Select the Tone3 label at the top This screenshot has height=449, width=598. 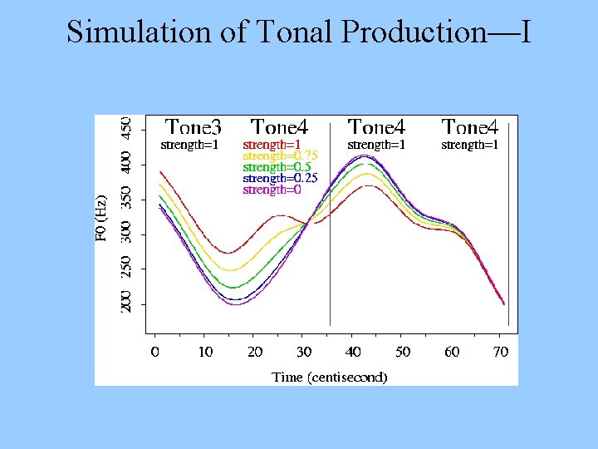(x=193, y=127)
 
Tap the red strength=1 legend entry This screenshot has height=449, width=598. (x=271, y=145)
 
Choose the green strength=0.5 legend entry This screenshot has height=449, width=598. (x=276, y=167)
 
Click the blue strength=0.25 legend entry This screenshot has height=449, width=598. (x=280, y=179)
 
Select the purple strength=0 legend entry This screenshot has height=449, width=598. (x=271, y=190)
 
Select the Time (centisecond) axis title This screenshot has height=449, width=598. (x=330, y=377)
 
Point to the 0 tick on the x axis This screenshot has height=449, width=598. (x=155, y=352)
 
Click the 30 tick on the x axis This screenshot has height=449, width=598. (x=304, y=352)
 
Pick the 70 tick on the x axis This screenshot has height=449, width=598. (x=501, y=352)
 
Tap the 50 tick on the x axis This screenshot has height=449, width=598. (x=403, y=352)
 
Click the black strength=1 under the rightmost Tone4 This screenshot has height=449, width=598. (x=469, y=145)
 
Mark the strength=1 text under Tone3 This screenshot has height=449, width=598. (x=189, y=145)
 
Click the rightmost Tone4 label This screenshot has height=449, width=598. (x=469, y=127)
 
